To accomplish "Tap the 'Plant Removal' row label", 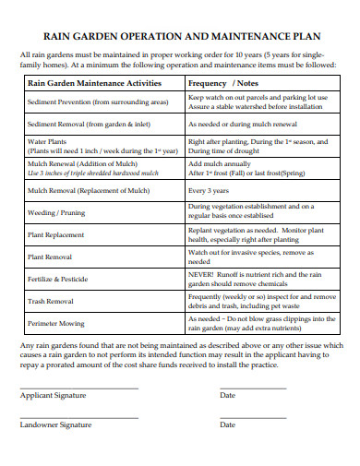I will pos(52,256).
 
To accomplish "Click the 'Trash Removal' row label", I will pos(51,300).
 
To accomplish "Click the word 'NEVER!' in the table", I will pos(202,273).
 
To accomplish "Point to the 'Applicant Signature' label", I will pos(53,395).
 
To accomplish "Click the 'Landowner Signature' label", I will pos(55,424).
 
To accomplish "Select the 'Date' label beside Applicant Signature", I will pos(227,395).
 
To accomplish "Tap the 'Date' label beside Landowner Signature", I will pos(227,424).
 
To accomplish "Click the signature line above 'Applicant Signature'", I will pos(78,387).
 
